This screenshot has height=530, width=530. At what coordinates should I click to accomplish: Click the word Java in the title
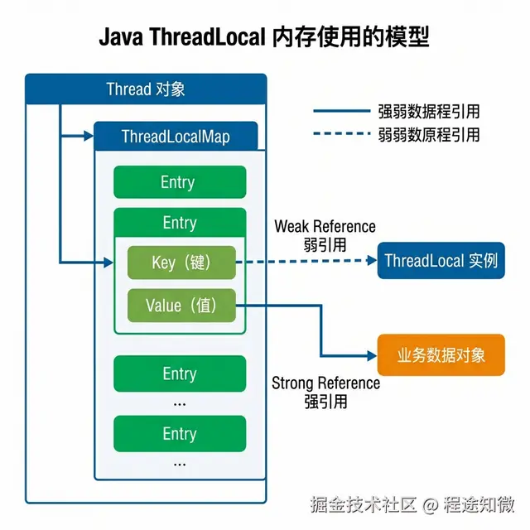122,38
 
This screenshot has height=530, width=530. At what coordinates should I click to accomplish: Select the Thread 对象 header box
146,89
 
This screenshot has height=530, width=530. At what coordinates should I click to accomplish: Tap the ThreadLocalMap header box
176,136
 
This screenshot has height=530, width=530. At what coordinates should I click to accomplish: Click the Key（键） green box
181,263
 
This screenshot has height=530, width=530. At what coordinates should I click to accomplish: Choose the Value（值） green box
181,306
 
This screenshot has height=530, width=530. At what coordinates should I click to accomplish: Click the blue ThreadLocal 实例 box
441,261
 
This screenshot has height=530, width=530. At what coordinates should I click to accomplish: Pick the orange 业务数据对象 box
441,355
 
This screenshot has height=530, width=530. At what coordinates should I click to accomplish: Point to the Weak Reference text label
325,226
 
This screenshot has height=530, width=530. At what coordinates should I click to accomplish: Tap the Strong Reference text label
325,383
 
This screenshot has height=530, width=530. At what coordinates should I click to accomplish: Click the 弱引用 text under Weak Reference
325,244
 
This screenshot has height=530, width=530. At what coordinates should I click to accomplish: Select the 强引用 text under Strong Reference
325,402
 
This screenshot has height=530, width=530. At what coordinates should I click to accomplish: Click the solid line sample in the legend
340,111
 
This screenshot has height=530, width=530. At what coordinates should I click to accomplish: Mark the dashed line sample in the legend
340,134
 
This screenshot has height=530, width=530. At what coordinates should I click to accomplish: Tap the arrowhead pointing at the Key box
107,263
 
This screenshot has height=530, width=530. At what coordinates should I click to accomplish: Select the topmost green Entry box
179,182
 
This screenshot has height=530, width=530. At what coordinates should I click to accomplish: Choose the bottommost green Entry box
179,433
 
